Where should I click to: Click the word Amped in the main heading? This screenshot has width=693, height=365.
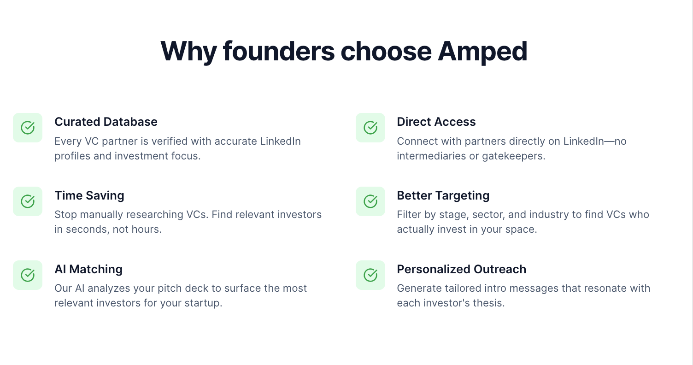(482, 51)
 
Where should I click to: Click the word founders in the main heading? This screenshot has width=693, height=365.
(278, 51)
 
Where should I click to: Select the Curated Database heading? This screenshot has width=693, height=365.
(106, 122)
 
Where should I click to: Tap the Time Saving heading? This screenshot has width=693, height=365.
(89, 195)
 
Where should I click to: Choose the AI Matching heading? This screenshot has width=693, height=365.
(88, 269)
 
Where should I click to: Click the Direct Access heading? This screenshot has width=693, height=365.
(436, 122)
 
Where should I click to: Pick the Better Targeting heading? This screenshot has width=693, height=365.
(443, 195)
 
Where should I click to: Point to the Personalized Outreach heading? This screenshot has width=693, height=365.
(461, 269)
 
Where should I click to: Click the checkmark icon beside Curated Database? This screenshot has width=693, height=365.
(28, 128)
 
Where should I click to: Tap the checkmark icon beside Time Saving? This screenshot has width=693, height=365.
(28, 201)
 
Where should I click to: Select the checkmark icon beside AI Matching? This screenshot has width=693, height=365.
(28, 275)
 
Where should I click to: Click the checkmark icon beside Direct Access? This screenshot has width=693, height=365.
(370, 128)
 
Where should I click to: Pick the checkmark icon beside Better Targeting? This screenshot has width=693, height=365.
(370, 201)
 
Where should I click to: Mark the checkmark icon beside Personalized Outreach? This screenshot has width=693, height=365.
(370, 275)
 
